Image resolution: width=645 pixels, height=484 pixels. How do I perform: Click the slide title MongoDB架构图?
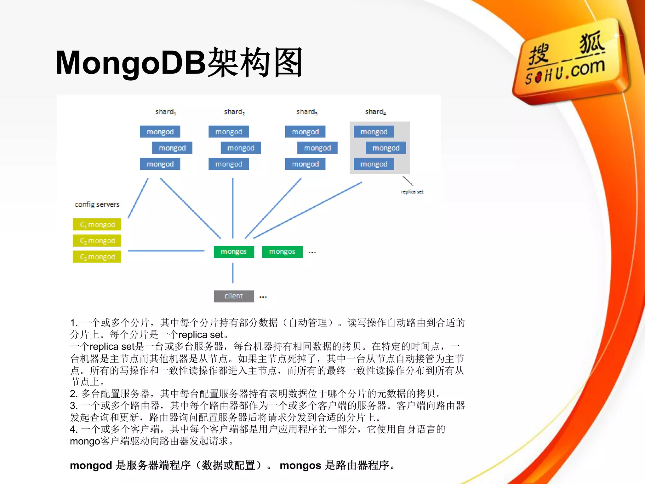point(179,63)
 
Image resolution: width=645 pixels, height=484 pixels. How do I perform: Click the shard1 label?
point(166,112)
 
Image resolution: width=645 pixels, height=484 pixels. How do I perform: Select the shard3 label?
point(307,112)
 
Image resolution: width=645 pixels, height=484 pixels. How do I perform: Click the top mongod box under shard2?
point(229,132)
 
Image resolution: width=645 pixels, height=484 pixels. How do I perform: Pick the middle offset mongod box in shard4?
point(386,148)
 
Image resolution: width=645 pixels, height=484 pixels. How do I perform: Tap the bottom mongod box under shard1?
point(160,164)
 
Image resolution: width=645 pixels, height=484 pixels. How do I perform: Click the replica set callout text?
point(412,192)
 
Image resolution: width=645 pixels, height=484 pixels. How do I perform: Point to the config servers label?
point(97,205)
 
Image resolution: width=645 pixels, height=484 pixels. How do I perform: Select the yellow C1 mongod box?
point(97,225)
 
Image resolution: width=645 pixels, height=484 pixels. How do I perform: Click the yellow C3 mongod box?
point(97,257)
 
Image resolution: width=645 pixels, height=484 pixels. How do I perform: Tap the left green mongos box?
point(234,252)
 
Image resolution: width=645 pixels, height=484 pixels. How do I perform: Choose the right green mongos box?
point(282,252)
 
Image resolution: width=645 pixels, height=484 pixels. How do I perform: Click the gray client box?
point(234,296)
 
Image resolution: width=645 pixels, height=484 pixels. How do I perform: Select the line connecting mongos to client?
point(233,273)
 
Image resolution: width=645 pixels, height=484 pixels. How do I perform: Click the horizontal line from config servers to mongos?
point(166,251)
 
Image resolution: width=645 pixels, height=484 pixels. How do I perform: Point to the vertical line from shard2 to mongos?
point(233,208)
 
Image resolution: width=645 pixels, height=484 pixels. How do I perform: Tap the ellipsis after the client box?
point(263,297)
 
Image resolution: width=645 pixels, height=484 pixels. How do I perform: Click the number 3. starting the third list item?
point(74,406)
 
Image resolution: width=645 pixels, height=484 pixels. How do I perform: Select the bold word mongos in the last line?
point(300,465)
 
